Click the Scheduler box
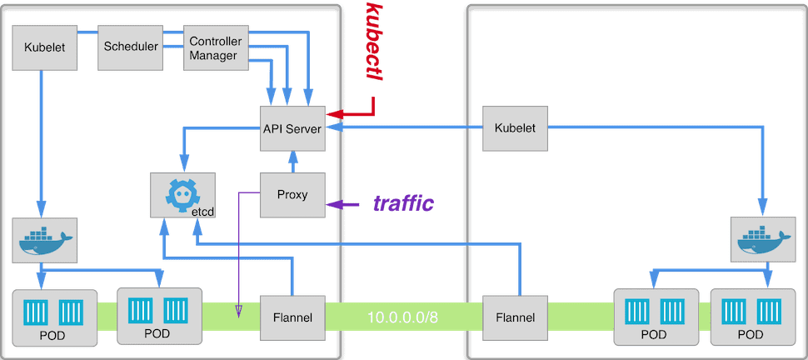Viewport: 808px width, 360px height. [130, 47]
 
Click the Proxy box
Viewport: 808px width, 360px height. [292, 195]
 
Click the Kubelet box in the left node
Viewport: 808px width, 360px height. [45, 47]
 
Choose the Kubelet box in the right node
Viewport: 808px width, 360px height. [515, 128]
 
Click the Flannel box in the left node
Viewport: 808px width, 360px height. [292, 317]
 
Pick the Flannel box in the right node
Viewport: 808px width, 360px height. [515, 317]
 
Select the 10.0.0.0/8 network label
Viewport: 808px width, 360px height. [403, 317]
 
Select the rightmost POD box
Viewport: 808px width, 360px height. [751, 317]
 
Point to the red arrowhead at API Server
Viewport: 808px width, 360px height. [332, 113]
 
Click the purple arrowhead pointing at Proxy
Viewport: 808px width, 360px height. [332, 204]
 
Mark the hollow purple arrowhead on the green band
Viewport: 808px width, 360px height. [239, 312]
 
